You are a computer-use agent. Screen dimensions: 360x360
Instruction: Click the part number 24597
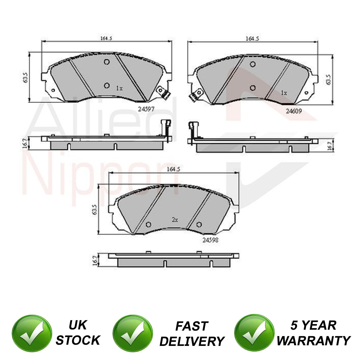tap(146, 109)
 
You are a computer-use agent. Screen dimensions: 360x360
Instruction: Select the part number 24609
tap(294, 111)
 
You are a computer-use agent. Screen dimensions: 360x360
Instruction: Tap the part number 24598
tap(210, 240)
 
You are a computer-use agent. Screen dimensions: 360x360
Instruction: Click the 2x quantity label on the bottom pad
tap(175, 220)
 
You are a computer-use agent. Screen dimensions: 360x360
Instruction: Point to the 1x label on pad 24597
tap(119, 88)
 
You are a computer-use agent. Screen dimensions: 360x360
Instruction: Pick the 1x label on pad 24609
tap(284, 93)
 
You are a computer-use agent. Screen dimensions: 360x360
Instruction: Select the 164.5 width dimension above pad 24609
tap(252, 39)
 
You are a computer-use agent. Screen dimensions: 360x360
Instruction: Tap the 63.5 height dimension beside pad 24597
tap(25, 77)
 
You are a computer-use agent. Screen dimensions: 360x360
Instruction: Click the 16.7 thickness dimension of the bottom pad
tap(95, 260)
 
